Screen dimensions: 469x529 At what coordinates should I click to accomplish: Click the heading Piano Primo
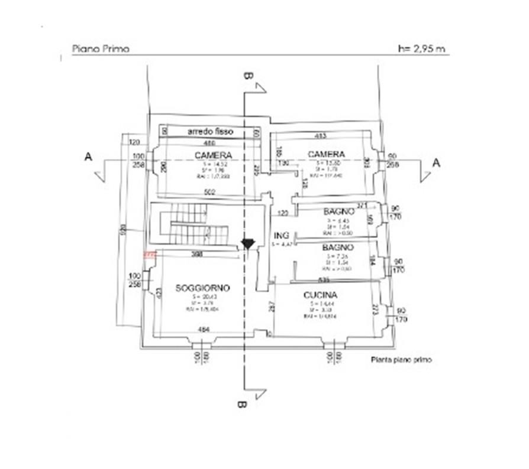(100, 49)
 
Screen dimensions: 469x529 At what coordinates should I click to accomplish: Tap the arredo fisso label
(211, 131)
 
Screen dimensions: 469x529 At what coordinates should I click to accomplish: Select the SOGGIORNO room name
(203, 288)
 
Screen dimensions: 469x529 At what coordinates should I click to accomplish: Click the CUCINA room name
(320, 295)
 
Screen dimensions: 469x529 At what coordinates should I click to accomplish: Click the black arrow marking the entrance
(247, 243)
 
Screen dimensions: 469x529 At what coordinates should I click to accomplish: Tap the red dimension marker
(149, 255)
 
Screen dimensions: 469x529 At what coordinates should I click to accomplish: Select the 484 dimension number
(204, 329)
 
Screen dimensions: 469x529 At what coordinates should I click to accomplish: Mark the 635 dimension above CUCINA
(324, 279)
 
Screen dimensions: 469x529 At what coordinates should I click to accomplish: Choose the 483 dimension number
(320, 136)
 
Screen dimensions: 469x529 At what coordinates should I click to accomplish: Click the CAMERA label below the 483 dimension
(325, 154)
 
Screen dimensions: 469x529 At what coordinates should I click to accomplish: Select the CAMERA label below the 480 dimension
(212, 155)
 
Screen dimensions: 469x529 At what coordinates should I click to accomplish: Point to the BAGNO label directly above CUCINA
(338, 247)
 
